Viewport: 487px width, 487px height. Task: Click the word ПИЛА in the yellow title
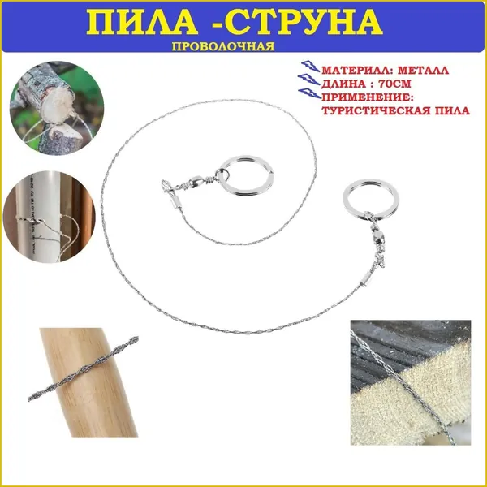click(x=142, y=23)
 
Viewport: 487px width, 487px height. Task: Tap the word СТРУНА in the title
click(x=307, y=23)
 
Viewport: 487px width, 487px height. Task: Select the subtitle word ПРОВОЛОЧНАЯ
click(x=223, y=46)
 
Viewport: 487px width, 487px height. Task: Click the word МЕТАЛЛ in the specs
click(x=423, y=70)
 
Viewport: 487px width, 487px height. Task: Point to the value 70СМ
click(x=394, y=84)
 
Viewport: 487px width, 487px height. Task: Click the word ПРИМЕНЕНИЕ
click(x=368, y=97)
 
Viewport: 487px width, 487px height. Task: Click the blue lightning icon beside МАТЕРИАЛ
click(x=310, y=67)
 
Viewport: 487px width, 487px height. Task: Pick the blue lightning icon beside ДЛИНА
click(x=308, y=80)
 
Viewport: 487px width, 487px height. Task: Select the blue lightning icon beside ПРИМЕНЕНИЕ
click(x=309, y=93)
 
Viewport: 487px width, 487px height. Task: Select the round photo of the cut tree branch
click(x=57, y=108)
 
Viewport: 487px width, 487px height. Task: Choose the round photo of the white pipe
click(x=49, y=217)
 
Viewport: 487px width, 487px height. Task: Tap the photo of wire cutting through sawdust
click(x=411, y=382)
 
